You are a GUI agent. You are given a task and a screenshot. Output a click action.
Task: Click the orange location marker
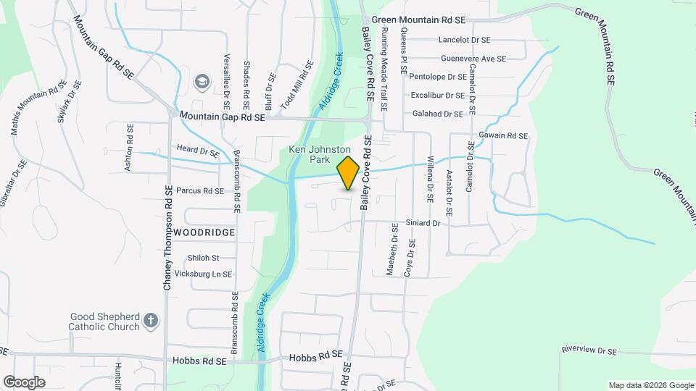pos(348,172)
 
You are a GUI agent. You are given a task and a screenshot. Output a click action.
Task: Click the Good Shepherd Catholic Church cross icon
pos(150,321)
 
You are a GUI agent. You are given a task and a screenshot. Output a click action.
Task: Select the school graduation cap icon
pos(202,83)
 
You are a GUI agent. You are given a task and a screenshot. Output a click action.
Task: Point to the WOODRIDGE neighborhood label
pos(204,232)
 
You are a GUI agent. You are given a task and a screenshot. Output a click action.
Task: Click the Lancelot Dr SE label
pos(464,40)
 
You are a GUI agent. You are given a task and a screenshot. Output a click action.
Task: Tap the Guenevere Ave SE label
pos(473,58)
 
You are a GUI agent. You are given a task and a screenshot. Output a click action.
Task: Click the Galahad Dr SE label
pos(437,114)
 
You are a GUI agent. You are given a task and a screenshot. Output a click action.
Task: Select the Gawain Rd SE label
pos(503,135)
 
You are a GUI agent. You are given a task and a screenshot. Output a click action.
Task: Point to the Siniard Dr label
pos(423,224)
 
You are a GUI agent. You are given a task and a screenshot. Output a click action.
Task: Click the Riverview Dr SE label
pos(588,351)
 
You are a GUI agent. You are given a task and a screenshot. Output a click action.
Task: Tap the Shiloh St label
pos(203,258)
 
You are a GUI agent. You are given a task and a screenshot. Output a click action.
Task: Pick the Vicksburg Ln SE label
pos(203,274)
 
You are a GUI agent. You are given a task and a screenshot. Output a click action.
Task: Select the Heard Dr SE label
pos(197,151)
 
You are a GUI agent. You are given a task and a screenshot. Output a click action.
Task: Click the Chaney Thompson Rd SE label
pos(167,237)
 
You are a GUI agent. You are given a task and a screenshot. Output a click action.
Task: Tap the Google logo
pos(24,382)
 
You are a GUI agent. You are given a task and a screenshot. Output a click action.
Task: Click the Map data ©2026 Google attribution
pos(650,385)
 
